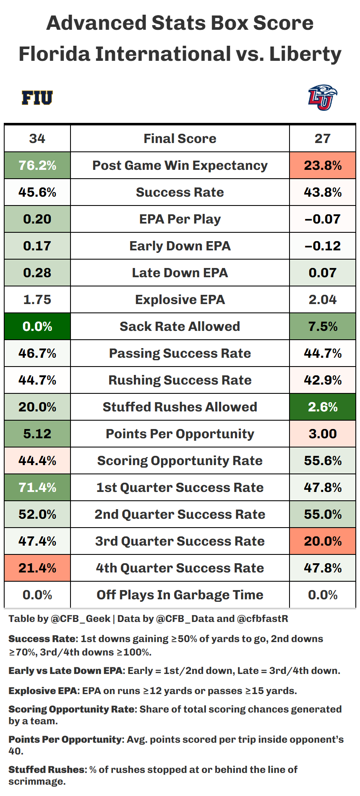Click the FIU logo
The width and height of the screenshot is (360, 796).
pyautogui.click(x=37, y=98)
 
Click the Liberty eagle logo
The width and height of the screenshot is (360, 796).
pyautogui.click(x=322, y=97)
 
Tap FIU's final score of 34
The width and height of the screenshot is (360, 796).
pyautogui.click(x=37, y=138)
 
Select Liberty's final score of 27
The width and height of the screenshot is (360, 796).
pyautogui.click(x=322, y=138)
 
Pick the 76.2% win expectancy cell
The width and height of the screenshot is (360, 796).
pyautogui.click(x=37, y=165)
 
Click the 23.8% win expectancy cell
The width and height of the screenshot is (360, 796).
pyautogui.click(x=322, y=165)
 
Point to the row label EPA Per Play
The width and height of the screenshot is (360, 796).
pyautogui.click(x=180, y=219)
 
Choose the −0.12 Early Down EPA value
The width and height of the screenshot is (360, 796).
pyautogui.click(x=322, y=246)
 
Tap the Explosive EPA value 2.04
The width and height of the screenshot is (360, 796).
pyautogui.click(x=322, y=299)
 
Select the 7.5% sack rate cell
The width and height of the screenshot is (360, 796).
pyautogui.click(x=322, y=326)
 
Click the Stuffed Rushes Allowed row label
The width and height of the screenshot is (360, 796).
pyautogui.click(x=180, y=407)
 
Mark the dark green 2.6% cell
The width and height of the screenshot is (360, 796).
pyautogui.click(x=322, y=407)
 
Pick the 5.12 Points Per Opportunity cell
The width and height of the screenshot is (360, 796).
pyautogui.click(x=37, y=434)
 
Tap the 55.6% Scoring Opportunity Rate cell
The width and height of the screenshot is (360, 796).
pyautogui.click(x=322, y=460)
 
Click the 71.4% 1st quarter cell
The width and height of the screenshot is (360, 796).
pyautogui.click(x=37, y=487)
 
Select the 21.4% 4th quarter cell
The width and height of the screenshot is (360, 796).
pyautogui.click(x=37, y=568)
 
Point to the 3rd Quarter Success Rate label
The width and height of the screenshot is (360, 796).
pyautogui.click(x=180, y=541)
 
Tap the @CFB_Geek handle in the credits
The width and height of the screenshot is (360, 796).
pyautogui.click(x=80, y=619)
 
